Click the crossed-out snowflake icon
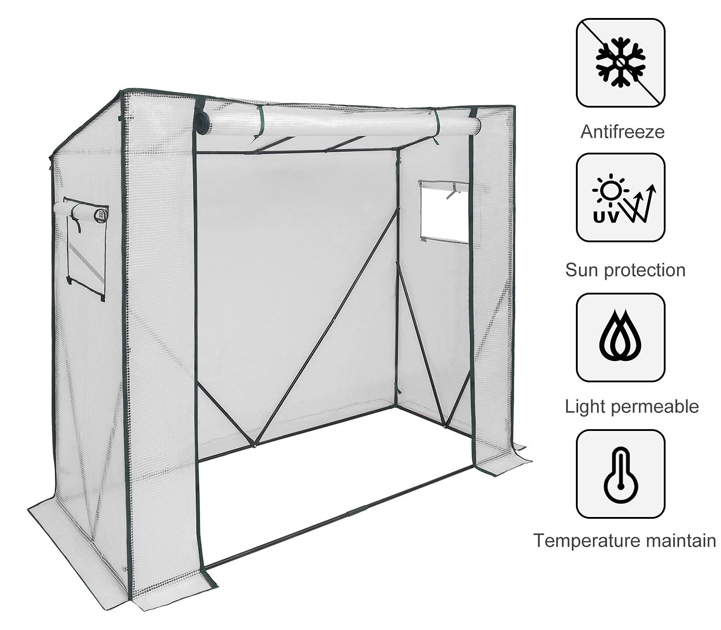pyautogui.click(x=621, y=63)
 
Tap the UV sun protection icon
pyautogui.click(x=621, y=197)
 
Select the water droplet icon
pyautogui.click(x=621, y=337)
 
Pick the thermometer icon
pyautogui.click(x=621, y=473)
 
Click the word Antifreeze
pyautogui.click(x=622, y=132)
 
